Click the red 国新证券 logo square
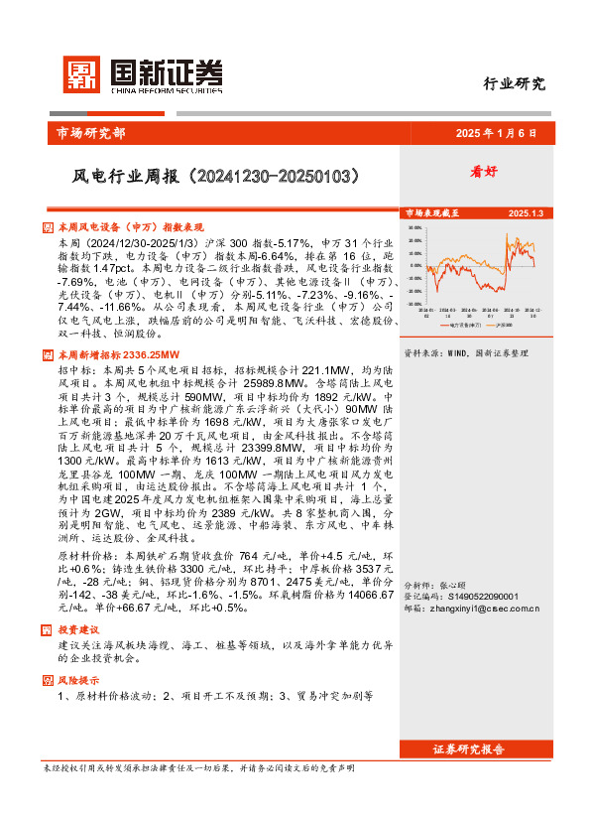coord(81,76)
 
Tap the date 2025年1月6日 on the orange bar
coord(495,133)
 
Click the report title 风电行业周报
coord(215,177)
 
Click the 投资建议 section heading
coord(78,630)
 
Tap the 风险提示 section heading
coord(78,680)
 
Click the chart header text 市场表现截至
coord(432,213)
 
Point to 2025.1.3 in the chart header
coord(526,213)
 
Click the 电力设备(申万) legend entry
coord(459,324)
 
